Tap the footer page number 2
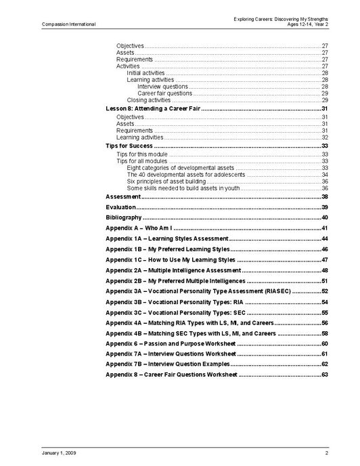pos(326,452)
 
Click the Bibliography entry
pos(124,217)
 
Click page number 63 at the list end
pos(324,375)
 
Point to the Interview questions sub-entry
pos(162,87)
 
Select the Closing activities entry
pos(148,100)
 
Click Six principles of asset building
pos(166,181)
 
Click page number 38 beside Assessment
pos(324,196)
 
